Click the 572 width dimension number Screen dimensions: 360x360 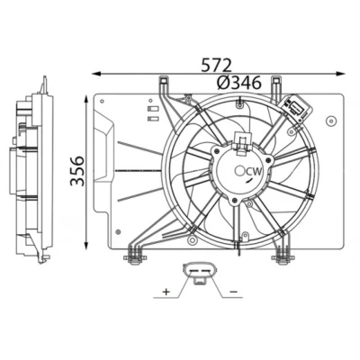(x=216, y=65)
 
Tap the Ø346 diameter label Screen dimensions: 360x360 (x=239, y=83)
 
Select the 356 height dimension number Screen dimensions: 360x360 (x=77, y=171)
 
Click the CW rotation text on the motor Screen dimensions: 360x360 (x=254, y=172)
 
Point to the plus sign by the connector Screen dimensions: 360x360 (x=166, y=291)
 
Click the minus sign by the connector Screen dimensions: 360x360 (x=233, y=292)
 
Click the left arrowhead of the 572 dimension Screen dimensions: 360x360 (x=96, y=74)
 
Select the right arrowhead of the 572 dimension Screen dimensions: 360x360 (x=340, y=74)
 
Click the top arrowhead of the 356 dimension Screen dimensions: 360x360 (x=86, y=100)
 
